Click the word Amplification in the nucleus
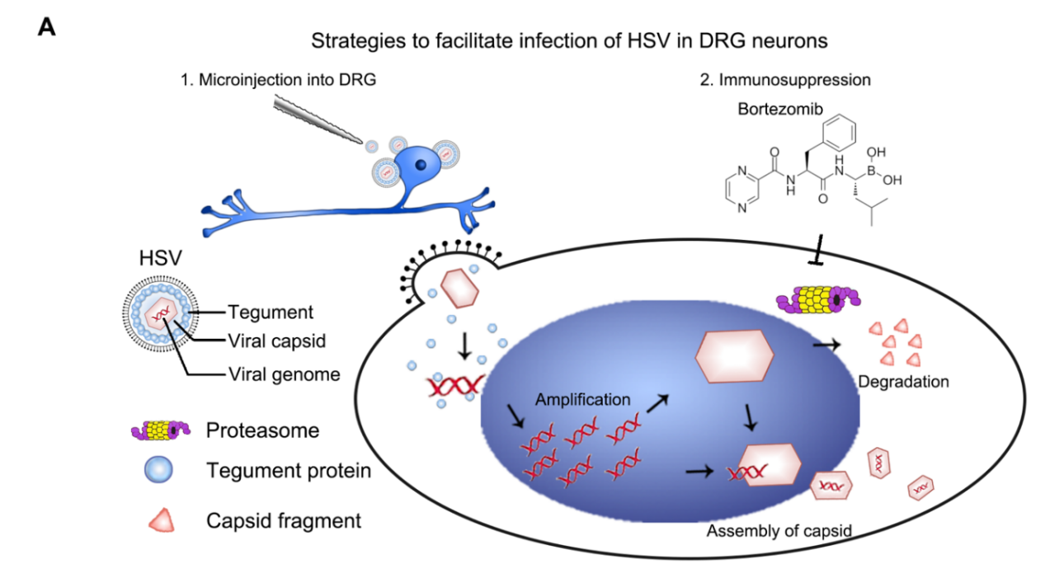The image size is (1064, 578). tap(582, 400)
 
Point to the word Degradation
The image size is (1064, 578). tap(903, 382)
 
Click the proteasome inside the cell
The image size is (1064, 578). tap(817, 299)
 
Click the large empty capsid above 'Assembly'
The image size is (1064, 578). tap(736, 352)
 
